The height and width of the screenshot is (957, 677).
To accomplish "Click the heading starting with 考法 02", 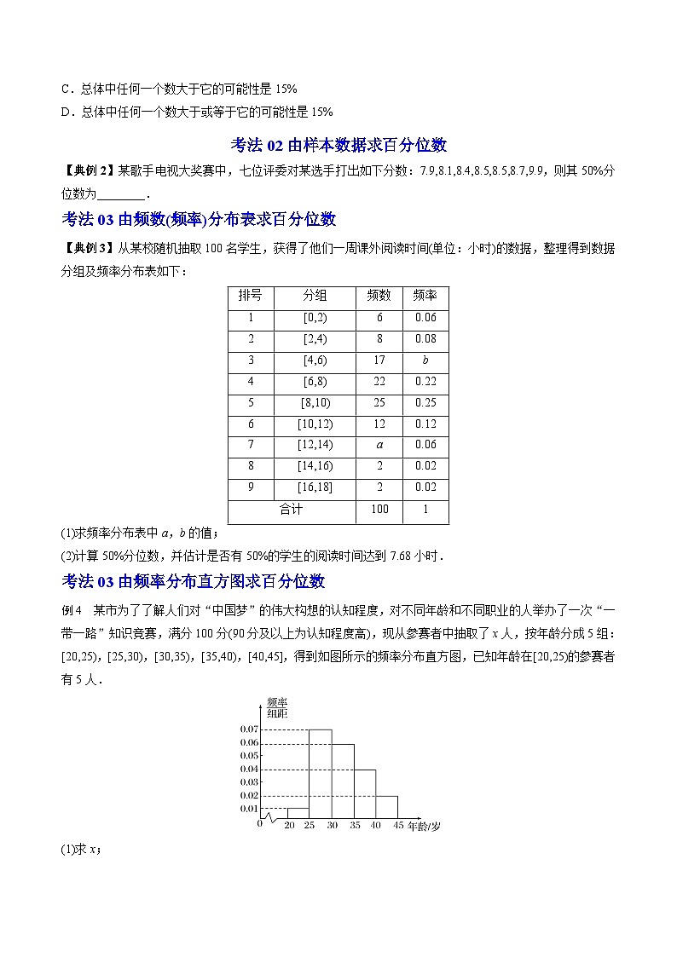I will tap(338, 145).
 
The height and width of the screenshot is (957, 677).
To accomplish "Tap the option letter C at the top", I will tap(67, 89).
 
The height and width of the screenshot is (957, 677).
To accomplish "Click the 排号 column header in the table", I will tap(251, 297).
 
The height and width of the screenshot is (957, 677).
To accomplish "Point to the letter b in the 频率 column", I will tap(425, 360).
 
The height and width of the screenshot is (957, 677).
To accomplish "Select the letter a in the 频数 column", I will tap(379, 445).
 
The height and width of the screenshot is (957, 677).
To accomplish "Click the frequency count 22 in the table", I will tap(379, 382).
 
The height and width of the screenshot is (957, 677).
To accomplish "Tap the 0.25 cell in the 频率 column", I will tap(425, 403).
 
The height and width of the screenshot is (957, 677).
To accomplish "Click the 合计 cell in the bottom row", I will tap(291, 510).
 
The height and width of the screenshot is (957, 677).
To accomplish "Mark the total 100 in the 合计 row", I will tap(379, 510).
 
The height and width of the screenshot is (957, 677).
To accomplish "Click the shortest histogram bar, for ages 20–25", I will tap(298, 813).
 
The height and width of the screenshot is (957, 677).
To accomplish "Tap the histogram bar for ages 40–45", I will tap(386, 807).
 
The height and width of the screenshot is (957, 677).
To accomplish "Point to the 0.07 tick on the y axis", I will tap(249, 729).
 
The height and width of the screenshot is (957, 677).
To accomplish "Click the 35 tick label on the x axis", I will tap(353, 826).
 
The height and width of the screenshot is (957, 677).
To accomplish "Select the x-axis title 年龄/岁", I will tap(424, 826).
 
